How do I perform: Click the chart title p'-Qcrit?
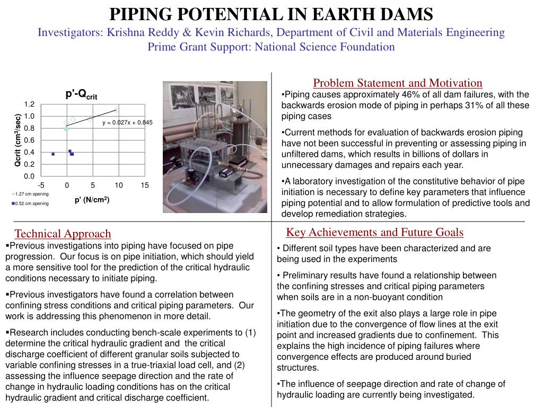pos(81,95)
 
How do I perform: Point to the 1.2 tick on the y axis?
pos(29,104)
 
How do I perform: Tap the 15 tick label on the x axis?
pos(145,185)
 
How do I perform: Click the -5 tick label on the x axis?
pos(41,185)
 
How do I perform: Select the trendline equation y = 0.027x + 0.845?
pos(127,122)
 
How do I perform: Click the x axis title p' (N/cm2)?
pos(92,200)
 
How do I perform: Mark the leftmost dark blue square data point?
pos(53,154)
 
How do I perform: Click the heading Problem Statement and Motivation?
pos(397,83)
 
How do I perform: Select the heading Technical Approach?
pos(63,234)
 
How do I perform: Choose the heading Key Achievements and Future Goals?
pos(374,232)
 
